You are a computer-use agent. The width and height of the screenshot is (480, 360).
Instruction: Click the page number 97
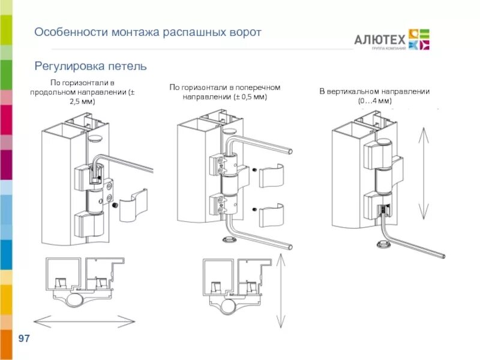click(x=24, y=340)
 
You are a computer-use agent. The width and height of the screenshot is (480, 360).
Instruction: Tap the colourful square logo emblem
click(x=418, y=39)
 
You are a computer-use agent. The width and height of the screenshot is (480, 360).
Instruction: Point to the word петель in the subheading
click(x=128, y=66)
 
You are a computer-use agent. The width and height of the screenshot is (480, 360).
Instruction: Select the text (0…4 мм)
click(x=375, y=101)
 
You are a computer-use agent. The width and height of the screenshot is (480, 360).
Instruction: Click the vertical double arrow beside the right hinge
click(x=424, y=174)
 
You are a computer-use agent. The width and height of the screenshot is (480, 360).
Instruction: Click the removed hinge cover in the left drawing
click(x=133, y=203)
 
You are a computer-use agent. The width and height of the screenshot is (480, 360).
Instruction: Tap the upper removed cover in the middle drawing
click(x=272, y=176)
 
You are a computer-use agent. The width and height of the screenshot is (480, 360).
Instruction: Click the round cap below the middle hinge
click(x=229, y=240)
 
